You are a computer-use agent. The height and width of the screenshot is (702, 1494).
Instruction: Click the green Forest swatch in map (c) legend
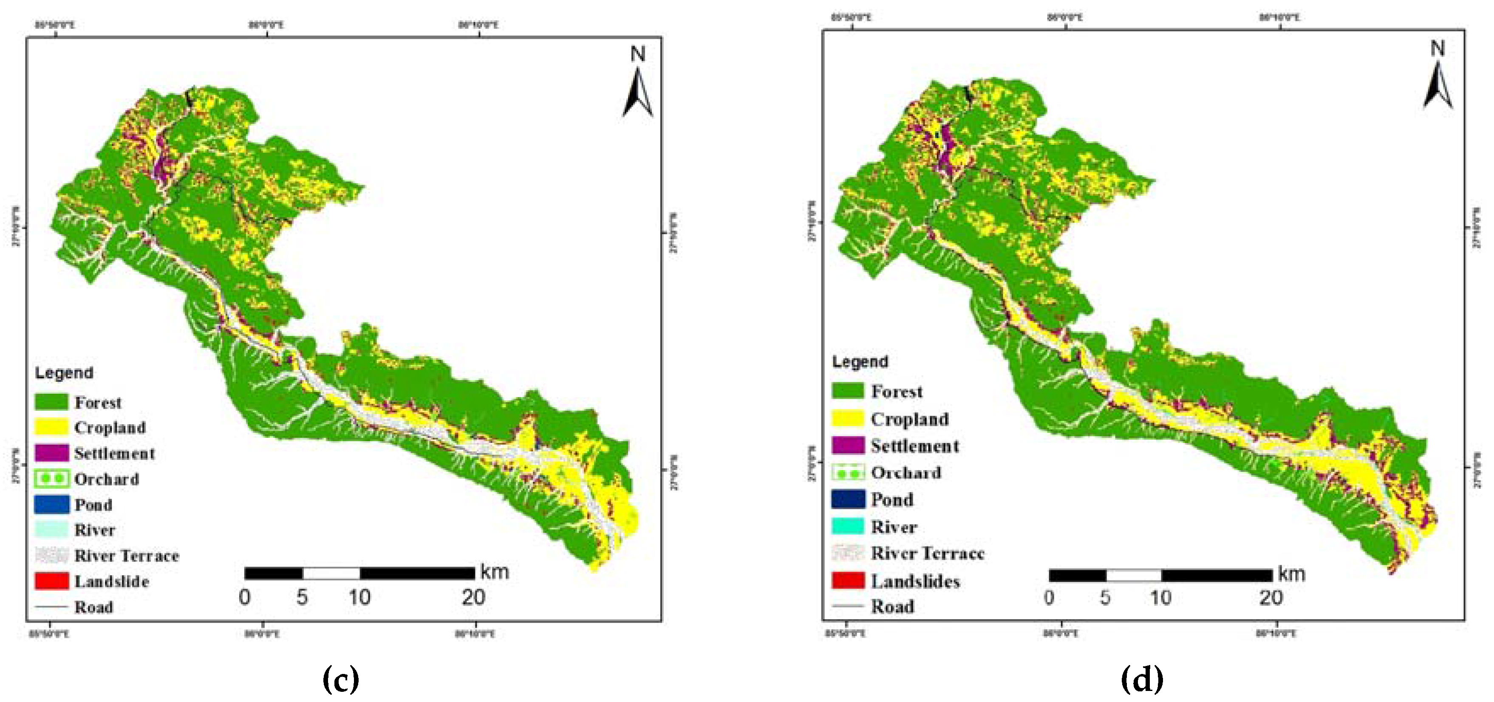click(51, 402)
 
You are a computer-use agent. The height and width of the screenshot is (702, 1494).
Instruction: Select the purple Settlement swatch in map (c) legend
click(51, 453)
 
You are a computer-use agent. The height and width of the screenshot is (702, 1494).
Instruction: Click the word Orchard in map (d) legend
click(905, 472)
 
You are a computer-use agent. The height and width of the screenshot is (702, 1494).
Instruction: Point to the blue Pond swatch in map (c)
click(51, 505)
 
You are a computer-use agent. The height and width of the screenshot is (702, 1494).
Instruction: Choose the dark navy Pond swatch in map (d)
click(848, 499)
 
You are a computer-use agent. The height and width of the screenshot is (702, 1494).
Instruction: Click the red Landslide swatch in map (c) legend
click(51, 581)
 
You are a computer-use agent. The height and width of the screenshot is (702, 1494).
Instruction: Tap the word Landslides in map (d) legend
click(915, 581)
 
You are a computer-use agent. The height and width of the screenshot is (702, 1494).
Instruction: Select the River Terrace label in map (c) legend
click(127, 555)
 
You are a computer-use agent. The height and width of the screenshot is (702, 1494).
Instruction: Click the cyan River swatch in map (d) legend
click(848, 526)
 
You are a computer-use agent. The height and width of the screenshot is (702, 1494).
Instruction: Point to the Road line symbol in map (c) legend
click(51, 607)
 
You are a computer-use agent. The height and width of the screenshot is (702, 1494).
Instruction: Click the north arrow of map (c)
click(637, 93)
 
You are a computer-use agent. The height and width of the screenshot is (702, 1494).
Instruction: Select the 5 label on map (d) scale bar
click(1105, 598)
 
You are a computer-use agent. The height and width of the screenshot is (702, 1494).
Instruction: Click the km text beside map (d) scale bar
click(1292, 574)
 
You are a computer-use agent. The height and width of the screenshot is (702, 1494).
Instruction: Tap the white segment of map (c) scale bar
click(331, 573)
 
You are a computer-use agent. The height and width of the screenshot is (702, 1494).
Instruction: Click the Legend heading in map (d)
click(860, 362)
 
